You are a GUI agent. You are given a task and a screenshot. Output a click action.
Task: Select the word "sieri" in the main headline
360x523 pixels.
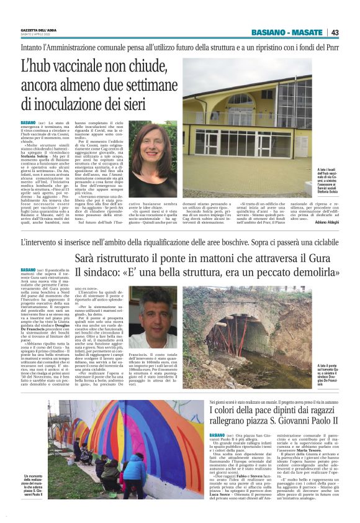151,101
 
